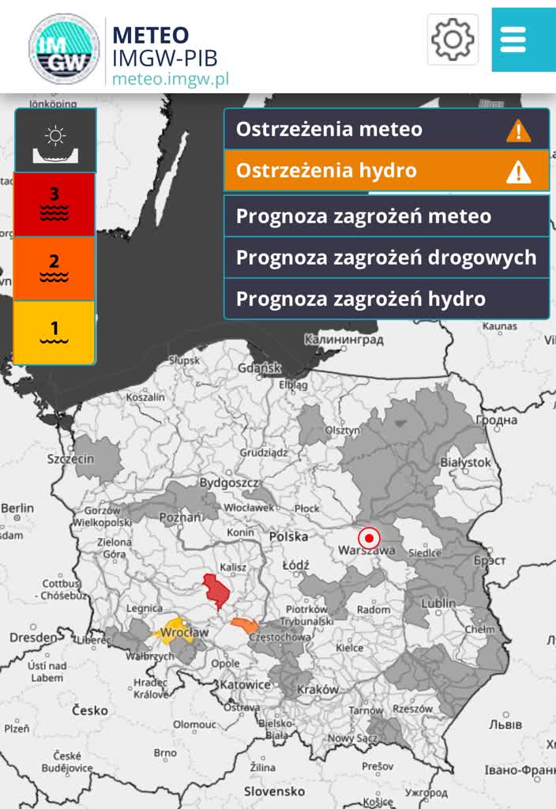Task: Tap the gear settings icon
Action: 453,39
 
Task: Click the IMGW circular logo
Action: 64,48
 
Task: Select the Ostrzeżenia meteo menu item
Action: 386,130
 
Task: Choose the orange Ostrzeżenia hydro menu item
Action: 386,171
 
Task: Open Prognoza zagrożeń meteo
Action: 386,216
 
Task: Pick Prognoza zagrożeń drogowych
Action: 386,258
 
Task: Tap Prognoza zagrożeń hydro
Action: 386,299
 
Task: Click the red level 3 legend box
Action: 54,204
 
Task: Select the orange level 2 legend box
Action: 54,269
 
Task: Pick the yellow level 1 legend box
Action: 54,332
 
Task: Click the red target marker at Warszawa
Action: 369,538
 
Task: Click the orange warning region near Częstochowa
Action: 245,627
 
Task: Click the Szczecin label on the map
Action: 71,459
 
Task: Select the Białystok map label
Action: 466,462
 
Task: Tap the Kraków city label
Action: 318,690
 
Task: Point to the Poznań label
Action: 181,517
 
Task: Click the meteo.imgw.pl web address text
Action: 170,79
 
